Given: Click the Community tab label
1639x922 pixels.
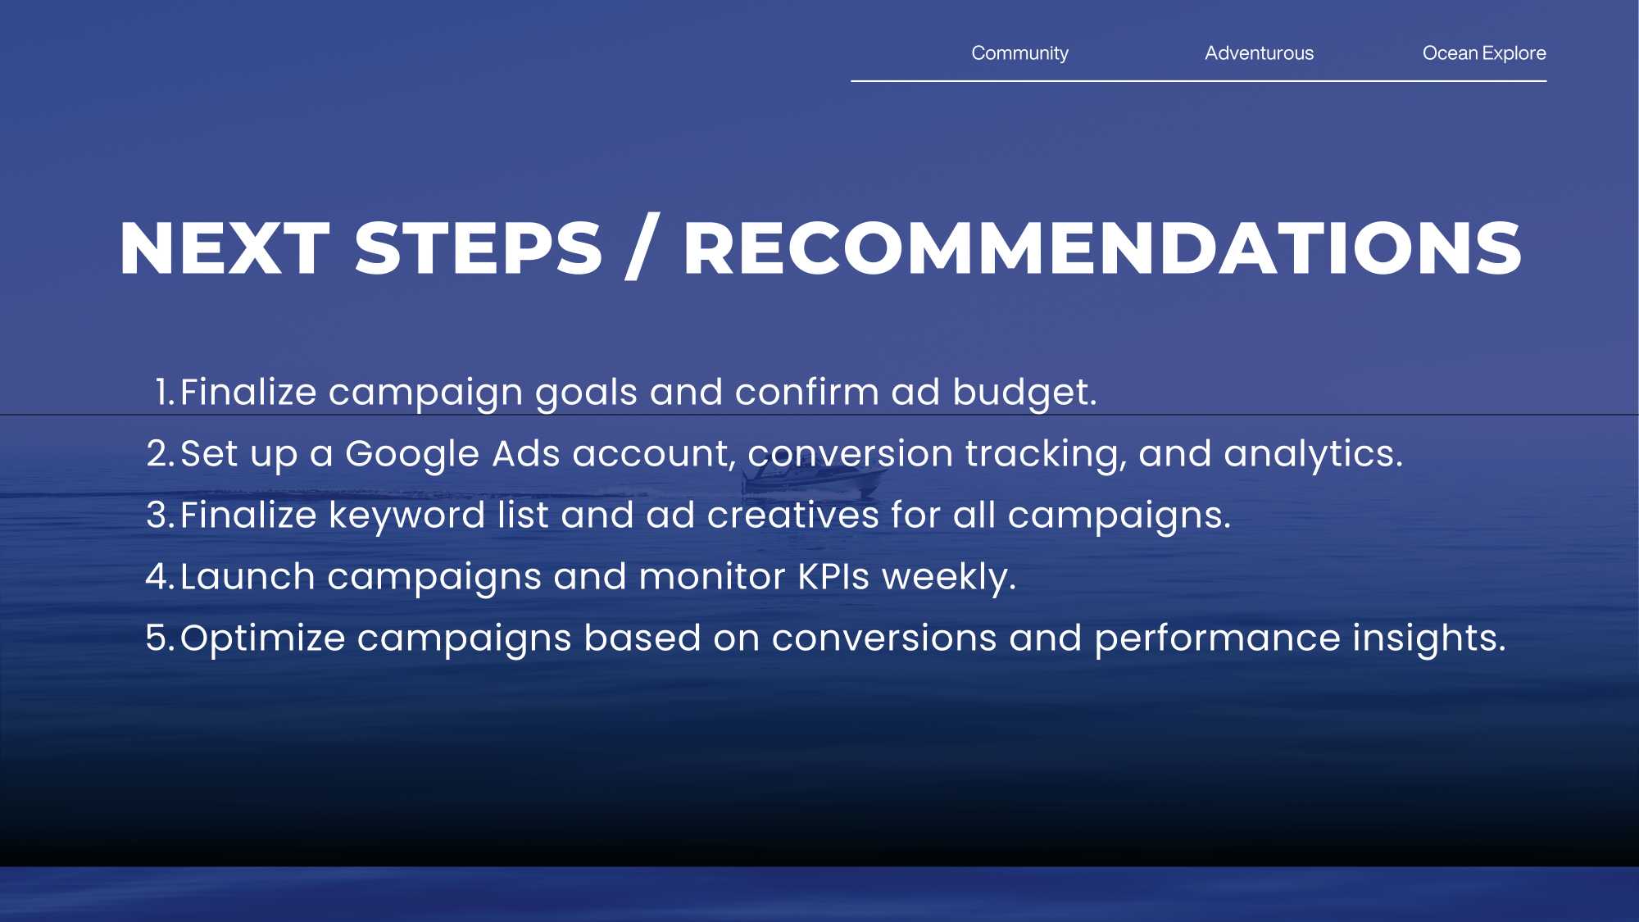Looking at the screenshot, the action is pyautogui.click(x=1019, y=53).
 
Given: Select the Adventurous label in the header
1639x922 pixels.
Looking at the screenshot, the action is pyautogui.click(x=1259, y=53).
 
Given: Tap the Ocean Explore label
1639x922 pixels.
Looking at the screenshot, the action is pyautogui.click(x=1484, y=53).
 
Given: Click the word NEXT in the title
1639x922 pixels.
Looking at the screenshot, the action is pyautogui.click(x=225, y=248).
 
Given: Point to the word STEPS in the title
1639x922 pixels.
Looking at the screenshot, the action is pyautogui.click(x=479, y=248).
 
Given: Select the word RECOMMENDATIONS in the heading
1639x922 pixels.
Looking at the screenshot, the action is pyautogui.click(x=1102, y=248).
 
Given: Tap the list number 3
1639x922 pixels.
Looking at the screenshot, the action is pyautogui.click(x=160, y=515).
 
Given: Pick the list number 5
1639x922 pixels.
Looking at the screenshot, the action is pyautogui.click(x=160, y=638).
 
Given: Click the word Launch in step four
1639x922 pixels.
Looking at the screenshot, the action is pyautogui.click(x=247, y=576).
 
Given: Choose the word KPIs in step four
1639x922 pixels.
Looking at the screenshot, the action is pyautogui.click(x=833, y=576).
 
